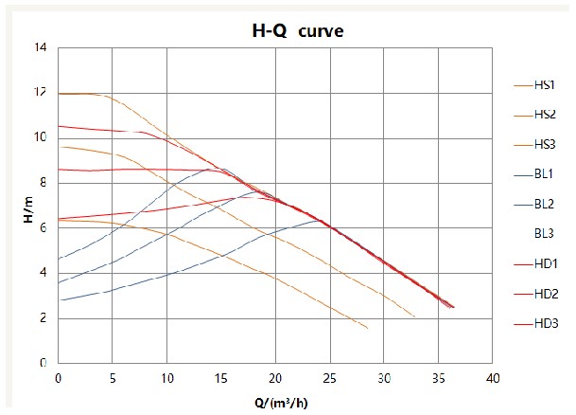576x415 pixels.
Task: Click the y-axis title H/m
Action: pos(27,210)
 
